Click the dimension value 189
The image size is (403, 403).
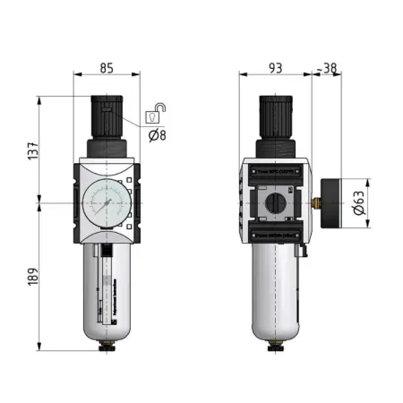click(x=33, y=279)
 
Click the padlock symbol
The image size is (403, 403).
click(x=154, y=113)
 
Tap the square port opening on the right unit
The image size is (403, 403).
click(x=275, y=204)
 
